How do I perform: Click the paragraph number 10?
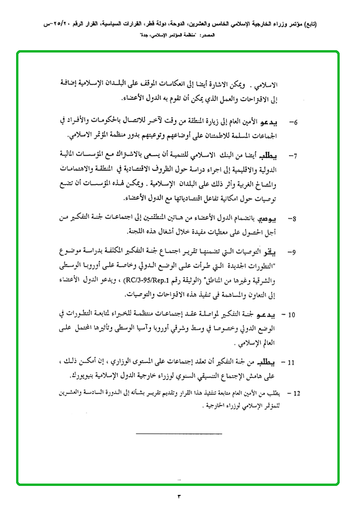292,314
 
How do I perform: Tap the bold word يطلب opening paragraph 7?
274,155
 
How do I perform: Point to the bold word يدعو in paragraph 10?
273,314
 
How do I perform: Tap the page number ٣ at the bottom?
179,496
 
